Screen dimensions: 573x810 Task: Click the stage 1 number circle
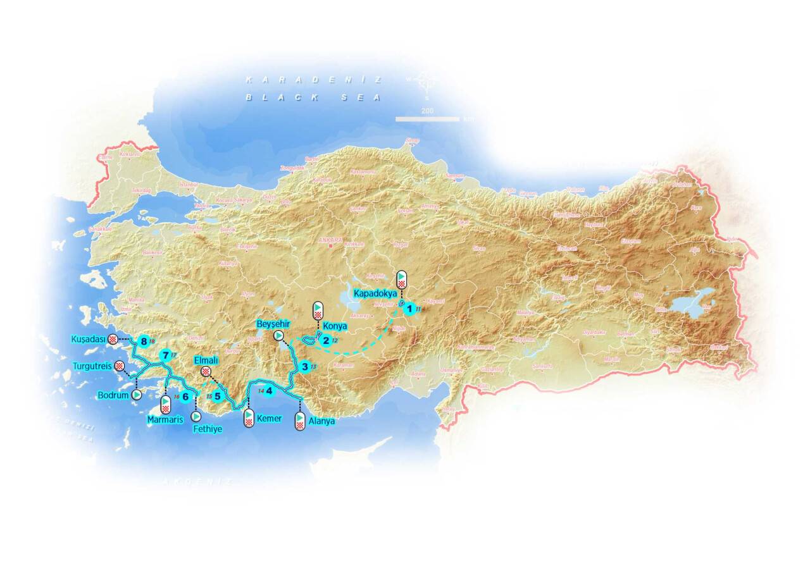coord(410,309)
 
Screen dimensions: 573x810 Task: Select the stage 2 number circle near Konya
coord(326,341)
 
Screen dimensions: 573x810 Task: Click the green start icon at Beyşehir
coord(278,335)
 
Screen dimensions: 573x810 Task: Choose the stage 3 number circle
coord(305,366)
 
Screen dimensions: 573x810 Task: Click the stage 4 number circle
coord(270,391)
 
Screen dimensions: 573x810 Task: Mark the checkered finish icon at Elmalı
coord(206,372)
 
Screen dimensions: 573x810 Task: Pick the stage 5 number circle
coord(218,397)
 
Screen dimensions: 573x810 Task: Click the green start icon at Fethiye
coord(196,416)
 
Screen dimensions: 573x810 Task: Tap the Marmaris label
coord(164,419)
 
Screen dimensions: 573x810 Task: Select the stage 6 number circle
coord(185,397)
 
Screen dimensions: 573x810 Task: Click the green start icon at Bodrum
coord(136,395)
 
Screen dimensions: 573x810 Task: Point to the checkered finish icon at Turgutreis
coord(118,366)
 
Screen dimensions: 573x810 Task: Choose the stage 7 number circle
coord(165,355)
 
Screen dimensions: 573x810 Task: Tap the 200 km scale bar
coord(427,118)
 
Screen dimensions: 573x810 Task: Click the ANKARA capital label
coord(331,240)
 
